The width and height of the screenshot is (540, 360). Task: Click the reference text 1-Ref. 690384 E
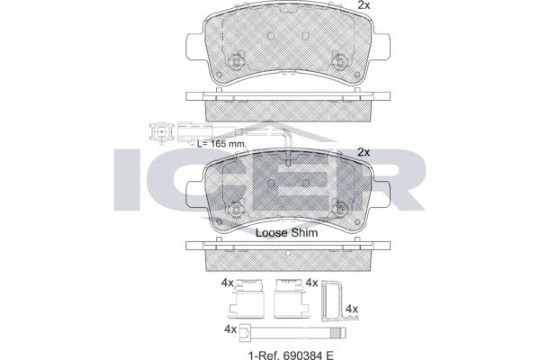point(291,355)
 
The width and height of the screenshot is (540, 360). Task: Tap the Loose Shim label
point(286,232)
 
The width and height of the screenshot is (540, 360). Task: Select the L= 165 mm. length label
point(222,143)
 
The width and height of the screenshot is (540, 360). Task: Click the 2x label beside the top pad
point(364,5)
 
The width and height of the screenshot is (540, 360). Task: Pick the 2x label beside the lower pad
point(364,152)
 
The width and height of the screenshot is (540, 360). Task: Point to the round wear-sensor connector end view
point(161,131)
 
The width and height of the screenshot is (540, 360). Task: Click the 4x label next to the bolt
point(230,329)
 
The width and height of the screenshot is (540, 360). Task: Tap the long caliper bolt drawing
point(292,332)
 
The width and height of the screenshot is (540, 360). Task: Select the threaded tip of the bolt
point(339,332)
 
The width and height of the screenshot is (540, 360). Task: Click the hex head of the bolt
point(244,332)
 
